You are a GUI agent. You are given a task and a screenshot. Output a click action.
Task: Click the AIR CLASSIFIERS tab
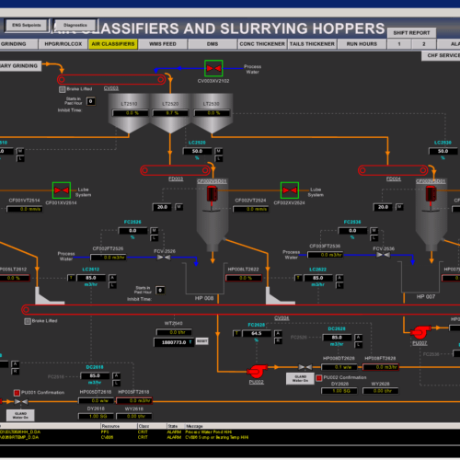click(113, 43)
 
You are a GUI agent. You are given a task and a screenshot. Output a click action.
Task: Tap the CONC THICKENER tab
click(259, 43)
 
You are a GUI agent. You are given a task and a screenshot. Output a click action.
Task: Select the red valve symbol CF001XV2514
click(63, 190)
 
